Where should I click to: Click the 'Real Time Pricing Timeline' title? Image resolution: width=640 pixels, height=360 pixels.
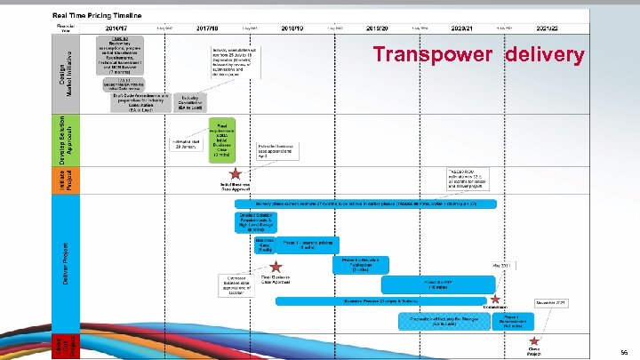tap(110, 16)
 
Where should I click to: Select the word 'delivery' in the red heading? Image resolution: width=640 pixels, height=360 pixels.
tap(546, 55)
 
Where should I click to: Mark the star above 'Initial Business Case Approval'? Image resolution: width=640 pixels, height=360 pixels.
tap(235, 174)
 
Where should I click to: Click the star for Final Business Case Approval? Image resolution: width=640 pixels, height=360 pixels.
tap(276, 266)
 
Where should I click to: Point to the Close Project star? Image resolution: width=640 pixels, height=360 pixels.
tap(534, 340)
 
